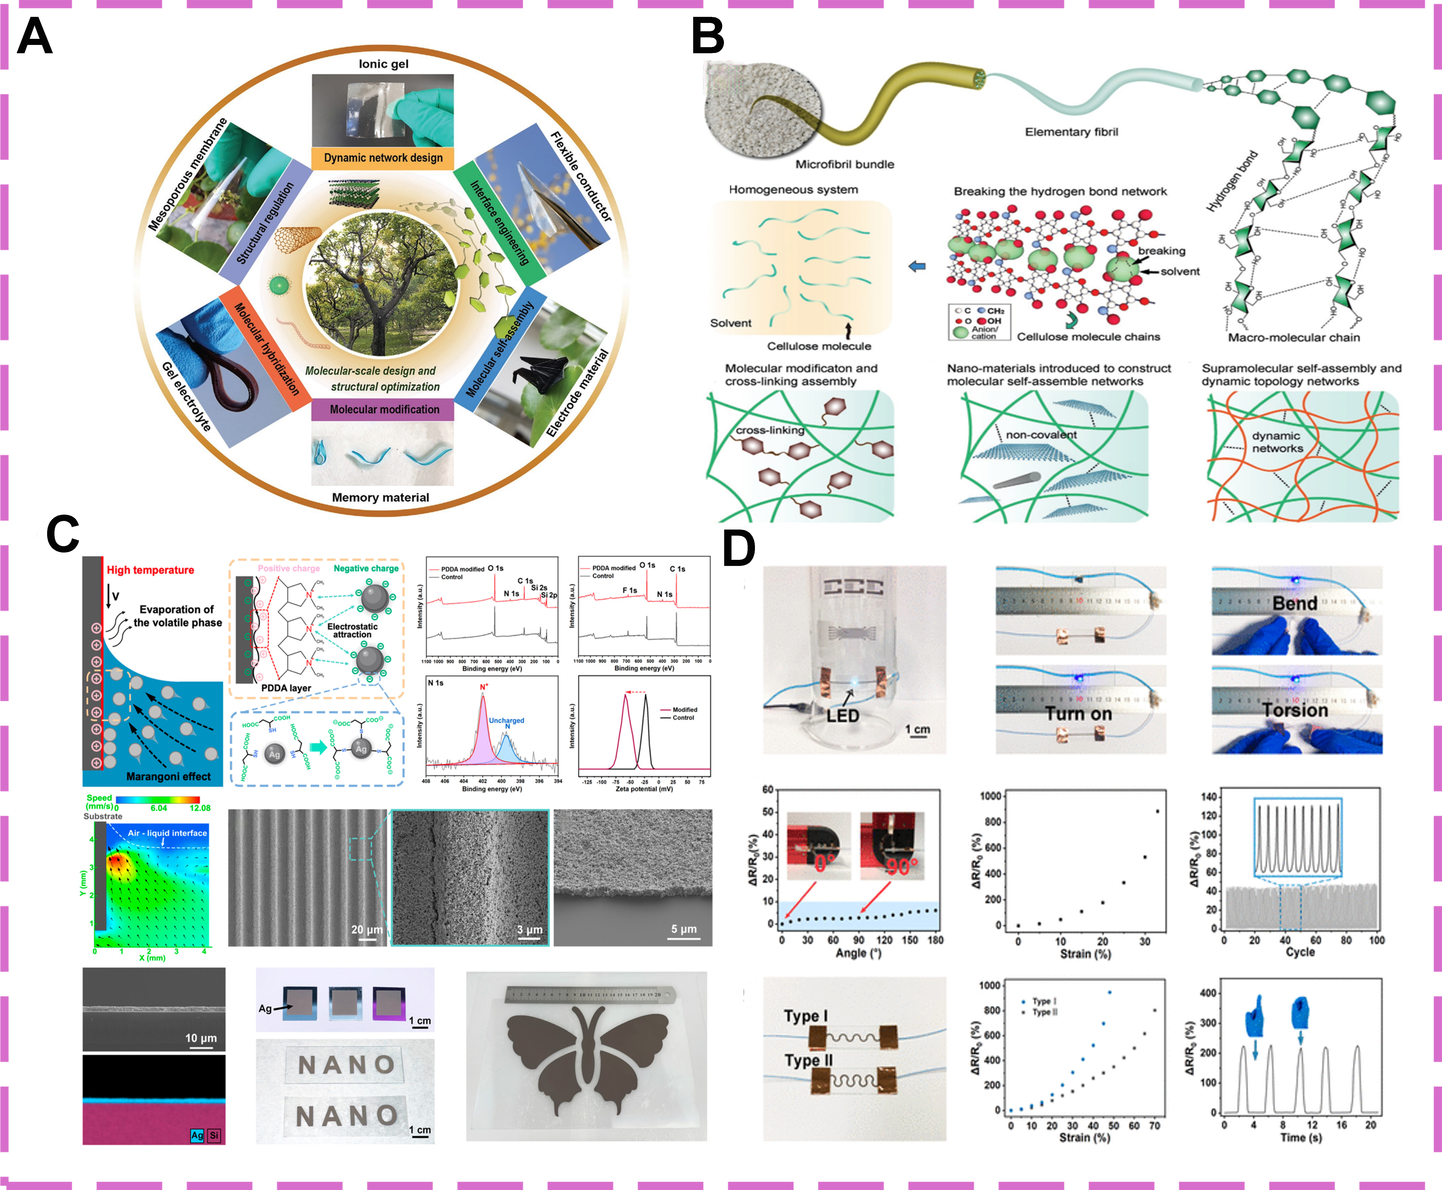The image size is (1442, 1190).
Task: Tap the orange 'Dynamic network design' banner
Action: (383, 158)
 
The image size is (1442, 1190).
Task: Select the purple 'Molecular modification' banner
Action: (384, 409)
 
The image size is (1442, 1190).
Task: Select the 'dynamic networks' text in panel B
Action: (1277, 442)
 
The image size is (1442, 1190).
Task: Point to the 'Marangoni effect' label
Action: (168, 776)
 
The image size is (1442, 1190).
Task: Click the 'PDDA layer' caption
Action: (286, 688)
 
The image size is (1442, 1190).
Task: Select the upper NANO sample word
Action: (347, 1064)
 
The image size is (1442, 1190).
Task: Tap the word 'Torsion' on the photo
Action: (1295, 710)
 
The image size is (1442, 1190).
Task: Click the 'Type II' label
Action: (808, 1061)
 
